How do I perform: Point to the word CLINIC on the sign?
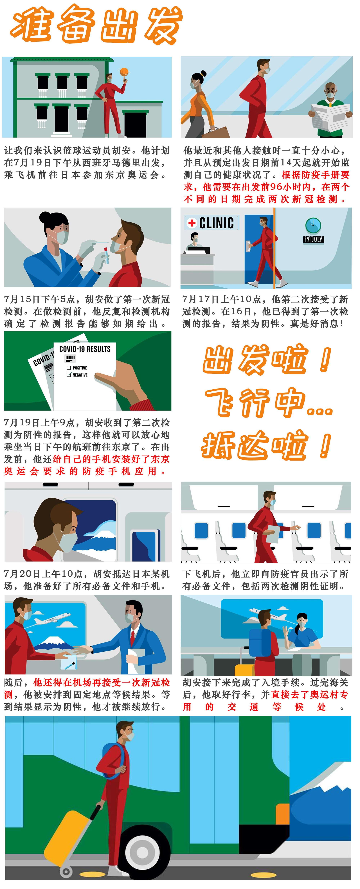(x=216, y=223)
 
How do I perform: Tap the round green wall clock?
(x=313, y=225)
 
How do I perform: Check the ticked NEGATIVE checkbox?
(x=69, y=374)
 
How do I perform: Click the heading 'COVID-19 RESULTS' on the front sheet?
(x=85, y=349)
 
